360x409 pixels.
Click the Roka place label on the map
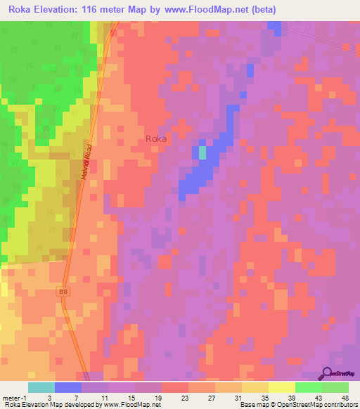tap(156, 138)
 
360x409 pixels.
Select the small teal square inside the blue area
tap(202, 152)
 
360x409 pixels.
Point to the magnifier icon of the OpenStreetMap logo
tap(328, 372)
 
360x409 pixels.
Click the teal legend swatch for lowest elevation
tap(41, 387)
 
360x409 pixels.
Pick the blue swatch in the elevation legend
tap(68, 387)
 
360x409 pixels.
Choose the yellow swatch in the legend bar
tap(281, 387)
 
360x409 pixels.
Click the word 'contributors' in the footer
tap(337, 405)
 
